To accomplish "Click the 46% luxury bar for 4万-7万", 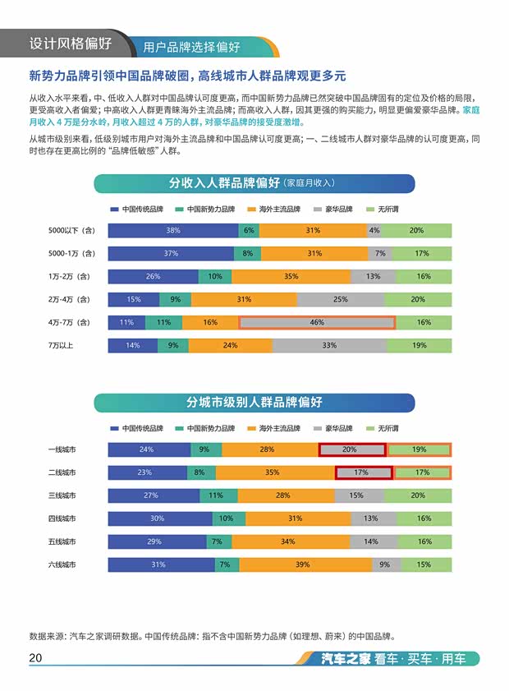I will tap(317, 322).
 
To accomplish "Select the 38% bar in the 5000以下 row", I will tap(173, 230).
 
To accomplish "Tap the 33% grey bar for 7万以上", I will tap(329, 345).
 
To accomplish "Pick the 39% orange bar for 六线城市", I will tap(302, 564).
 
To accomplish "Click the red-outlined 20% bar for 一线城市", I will tap(351, 449).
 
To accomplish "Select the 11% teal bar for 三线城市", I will tap(216, 495).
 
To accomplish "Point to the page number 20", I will tap(35, 658).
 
